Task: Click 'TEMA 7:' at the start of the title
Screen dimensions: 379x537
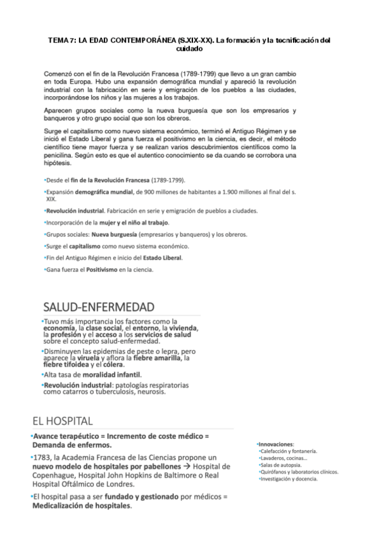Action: tap(61, 41)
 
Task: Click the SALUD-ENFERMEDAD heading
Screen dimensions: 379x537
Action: tap(99, 307)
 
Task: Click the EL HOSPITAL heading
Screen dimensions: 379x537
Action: tap(63, 420)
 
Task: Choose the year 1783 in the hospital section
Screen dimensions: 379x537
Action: tap(42, 457)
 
